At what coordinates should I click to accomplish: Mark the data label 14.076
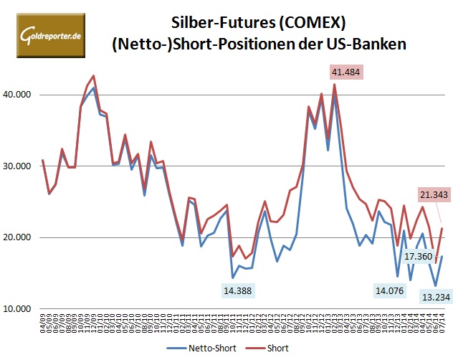[x=390, y=290]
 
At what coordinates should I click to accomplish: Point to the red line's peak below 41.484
[x=334, y=85]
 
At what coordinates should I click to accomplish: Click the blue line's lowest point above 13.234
[x=435, y=285]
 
